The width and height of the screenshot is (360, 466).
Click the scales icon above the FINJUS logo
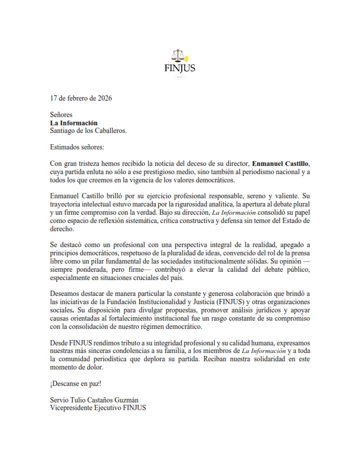tap(180, 55)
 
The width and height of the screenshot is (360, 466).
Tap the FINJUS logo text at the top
tap(180, 68)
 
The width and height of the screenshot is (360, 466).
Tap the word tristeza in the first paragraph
tap(93, 162)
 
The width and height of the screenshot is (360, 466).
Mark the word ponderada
tap(96, 269)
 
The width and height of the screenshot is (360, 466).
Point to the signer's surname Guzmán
tap(136, 400)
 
